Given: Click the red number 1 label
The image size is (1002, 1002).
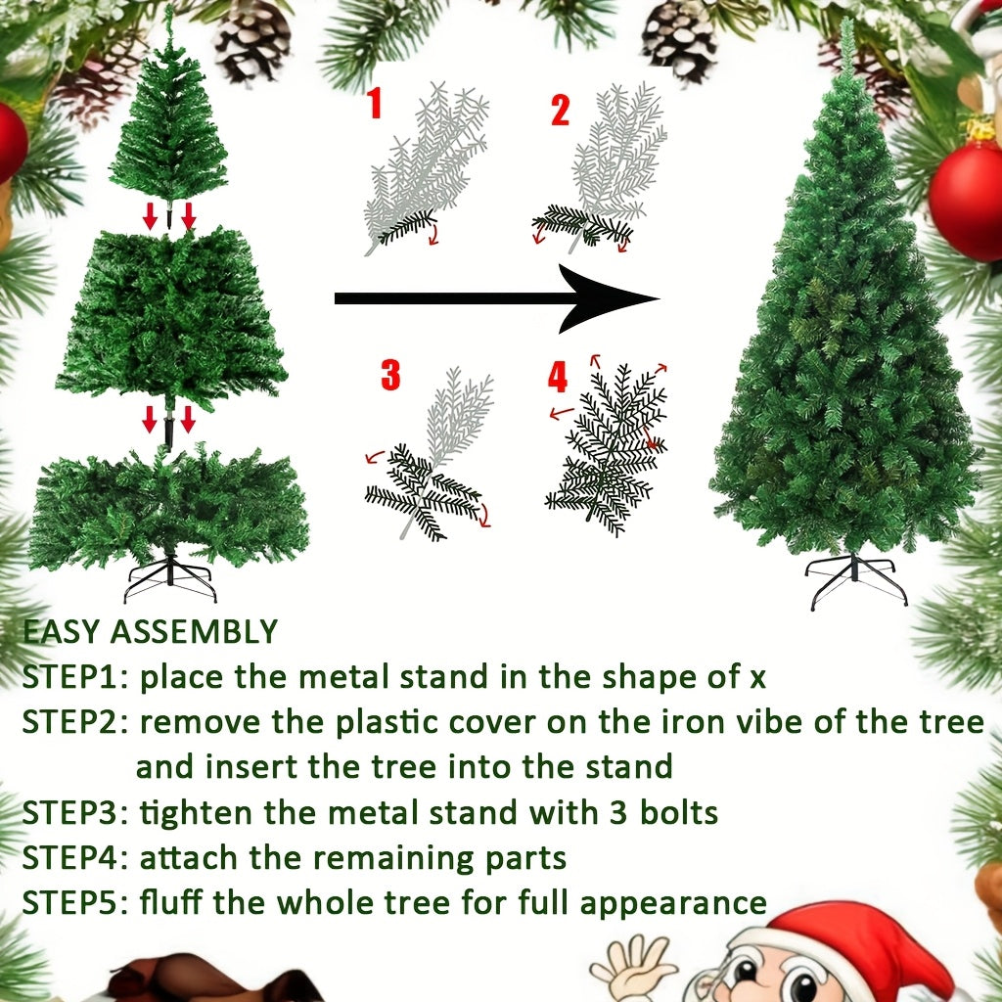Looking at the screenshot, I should [x=375, y=103].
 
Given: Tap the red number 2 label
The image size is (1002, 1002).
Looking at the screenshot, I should [x=560, y=111].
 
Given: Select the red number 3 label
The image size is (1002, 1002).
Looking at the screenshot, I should [x=390, y=374].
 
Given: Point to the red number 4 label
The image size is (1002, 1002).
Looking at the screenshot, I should [x=558, y=376].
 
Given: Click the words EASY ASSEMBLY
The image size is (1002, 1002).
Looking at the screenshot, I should [x=150, y=632].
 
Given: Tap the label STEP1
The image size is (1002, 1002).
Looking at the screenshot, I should [x=74, y=677].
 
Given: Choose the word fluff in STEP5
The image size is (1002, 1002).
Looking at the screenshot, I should [x=171, y=901].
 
